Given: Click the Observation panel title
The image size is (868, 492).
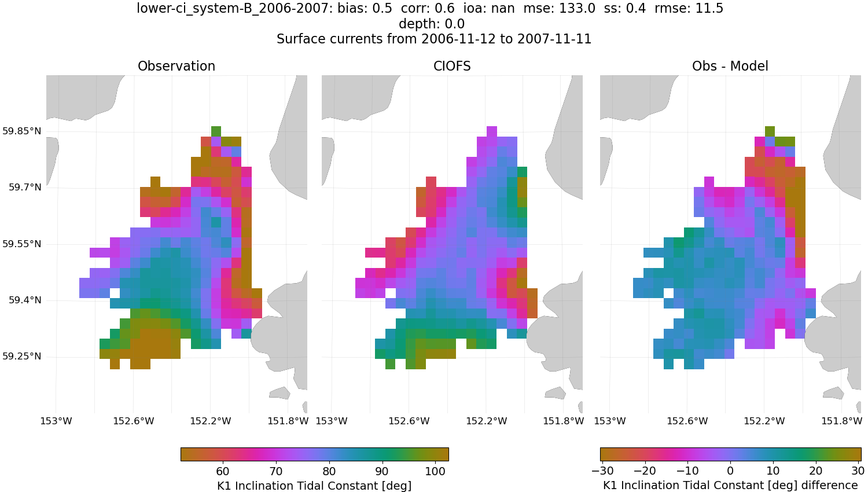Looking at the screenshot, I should [176, 66].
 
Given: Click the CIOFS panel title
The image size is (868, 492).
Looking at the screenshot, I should [452, 66].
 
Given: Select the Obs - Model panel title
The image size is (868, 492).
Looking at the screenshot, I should [730, 66].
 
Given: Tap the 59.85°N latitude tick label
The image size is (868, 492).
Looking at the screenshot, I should [21, 131].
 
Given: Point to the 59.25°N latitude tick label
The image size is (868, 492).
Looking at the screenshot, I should [21, 356].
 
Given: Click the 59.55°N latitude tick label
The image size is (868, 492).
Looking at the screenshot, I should [21, 244].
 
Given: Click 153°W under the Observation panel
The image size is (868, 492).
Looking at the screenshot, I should [56, 421].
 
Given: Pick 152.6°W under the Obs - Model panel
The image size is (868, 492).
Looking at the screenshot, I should [687, 421].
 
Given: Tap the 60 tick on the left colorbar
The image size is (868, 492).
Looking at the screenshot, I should [223, 471].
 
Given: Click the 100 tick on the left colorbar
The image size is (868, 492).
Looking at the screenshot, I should [435, 471].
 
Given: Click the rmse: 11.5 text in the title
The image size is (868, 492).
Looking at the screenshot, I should [692, 9].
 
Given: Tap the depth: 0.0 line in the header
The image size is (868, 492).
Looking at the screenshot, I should [431, 24].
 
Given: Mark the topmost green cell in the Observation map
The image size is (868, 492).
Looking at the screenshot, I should [216, 131].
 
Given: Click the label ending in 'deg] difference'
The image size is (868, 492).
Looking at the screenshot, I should [730, 485].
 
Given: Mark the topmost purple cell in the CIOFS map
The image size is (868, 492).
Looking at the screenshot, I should [492, 131].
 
